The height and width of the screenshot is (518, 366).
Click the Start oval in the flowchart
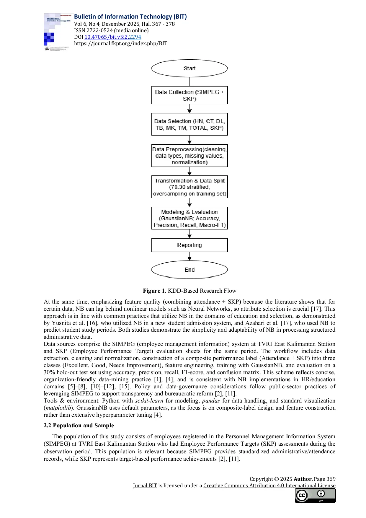189,68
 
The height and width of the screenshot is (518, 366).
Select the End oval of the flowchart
189,270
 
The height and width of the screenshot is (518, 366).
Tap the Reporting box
189,245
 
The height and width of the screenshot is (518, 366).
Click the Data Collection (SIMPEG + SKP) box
189,95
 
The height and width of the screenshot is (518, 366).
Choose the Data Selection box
189,124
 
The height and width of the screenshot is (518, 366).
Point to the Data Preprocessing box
189,156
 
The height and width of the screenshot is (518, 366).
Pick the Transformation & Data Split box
189,187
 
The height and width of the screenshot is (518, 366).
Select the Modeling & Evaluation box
189,218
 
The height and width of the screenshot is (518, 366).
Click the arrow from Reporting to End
189,256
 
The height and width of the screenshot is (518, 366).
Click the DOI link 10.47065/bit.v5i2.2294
112,37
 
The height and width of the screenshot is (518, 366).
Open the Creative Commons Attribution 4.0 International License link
269,485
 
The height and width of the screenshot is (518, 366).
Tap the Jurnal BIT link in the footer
145,485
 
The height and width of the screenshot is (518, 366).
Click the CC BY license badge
315,495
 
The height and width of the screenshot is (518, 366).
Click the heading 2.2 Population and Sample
79,425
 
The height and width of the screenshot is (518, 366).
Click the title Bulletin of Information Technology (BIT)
130,17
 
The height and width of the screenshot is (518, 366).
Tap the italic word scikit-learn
149,400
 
